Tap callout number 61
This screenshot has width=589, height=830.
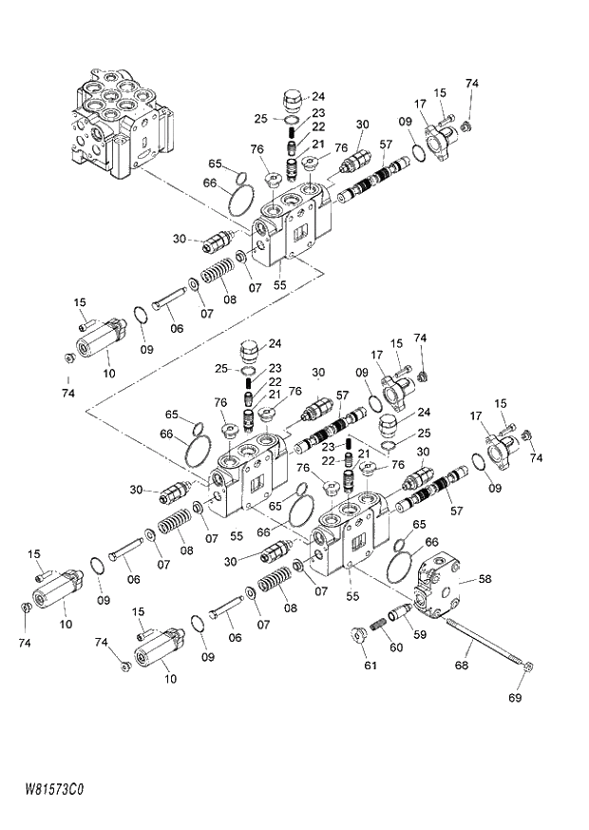click(370, 666)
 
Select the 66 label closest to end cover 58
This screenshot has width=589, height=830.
click(432, 541)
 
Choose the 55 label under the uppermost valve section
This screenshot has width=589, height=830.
click(279, 284)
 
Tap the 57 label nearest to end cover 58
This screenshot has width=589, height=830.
click(456, 511)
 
